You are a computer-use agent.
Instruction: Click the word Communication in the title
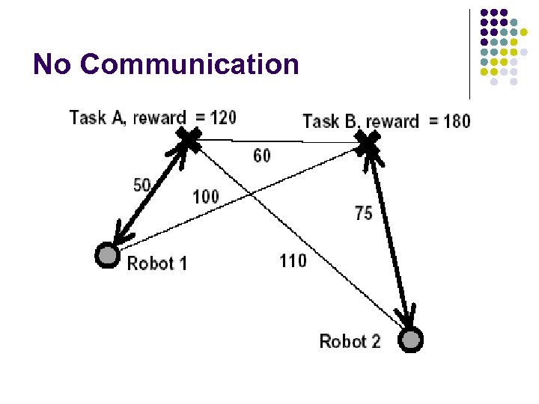point(189,64)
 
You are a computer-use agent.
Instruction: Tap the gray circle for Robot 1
point(107,255)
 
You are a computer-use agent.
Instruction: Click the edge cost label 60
point(262,156)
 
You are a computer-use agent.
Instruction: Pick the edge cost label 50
point(142,185)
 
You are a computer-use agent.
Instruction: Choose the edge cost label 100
point(206,197)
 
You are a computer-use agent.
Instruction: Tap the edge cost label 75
point(363,213)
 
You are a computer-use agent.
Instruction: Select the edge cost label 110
point(293,261)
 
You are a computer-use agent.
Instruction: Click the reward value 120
point(224,117)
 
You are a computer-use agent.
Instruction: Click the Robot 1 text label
point(157,263)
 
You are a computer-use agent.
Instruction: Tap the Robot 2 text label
point(350,342)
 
